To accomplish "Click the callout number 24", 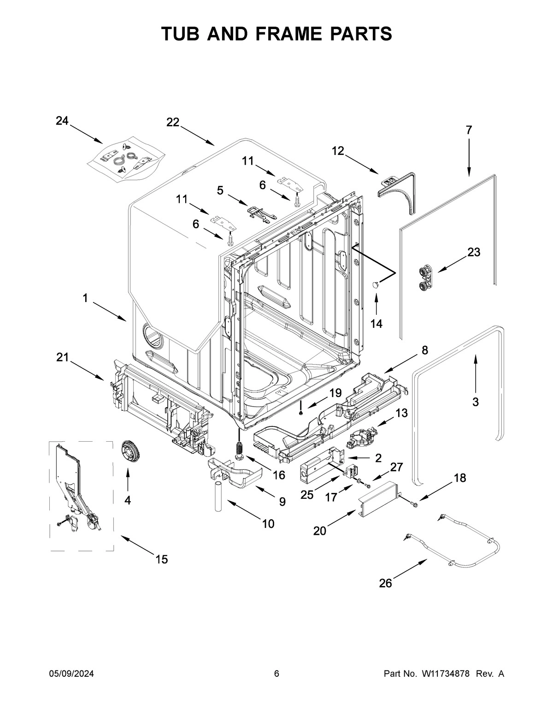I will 62,121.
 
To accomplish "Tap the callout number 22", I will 173,122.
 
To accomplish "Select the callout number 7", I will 469,130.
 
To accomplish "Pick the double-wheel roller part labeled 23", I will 424,279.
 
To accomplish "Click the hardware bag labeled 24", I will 125,159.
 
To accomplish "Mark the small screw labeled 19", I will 300,412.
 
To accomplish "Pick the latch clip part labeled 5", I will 259,213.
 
